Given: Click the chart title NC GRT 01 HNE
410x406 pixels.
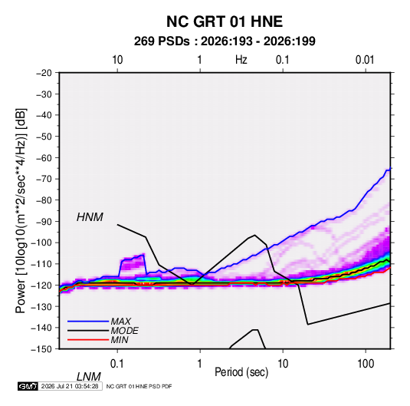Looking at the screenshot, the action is point(225,21).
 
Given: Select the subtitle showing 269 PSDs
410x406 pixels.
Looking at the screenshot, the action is point(225,41).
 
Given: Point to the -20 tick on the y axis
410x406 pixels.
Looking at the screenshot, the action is point(44,73).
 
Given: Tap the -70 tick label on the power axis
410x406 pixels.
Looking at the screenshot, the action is point(44,179).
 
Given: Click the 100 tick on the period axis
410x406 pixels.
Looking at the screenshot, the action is point(366,364).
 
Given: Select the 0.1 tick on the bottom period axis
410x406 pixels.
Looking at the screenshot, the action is point(116,364).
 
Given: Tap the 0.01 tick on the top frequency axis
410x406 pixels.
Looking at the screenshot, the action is point(365,60).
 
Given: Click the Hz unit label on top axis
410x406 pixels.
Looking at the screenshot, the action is point(241,60).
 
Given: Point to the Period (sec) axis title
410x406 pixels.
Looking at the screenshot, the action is point(241,372).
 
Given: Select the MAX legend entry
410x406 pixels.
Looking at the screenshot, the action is point(120,322).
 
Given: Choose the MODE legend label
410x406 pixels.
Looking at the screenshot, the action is point(124,331).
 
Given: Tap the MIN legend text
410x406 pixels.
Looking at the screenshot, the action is point(120,340).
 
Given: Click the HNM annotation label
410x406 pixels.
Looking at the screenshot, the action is point(90,217).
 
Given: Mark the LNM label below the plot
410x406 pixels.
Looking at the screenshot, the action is point(88,377).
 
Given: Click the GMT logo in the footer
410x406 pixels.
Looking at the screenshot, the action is point(28,386).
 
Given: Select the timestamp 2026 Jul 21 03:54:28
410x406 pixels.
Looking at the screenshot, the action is point(70,386).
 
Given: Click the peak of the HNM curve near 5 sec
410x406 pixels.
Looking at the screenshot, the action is point(254,235).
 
